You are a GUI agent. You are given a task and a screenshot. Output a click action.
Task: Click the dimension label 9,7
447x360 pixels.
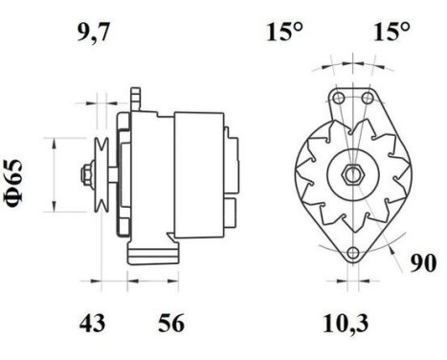pos(93,33)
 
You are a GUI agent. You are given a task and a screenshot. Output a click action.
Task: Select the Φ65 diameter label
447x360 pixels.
pos(14,183)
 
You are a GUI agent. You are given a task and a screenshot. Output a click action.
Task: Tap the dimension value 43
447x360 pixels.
pos(92,323)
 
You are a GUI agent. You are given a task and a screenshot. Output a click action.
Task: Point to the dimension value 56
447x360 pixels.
pos(171,323)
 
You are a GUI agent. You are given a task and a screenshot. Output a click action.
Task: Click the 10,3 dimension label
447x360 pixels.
pos(346,324)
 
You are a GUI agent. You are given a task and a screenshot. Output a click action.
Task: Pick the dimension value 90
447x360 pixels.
pos(423,263)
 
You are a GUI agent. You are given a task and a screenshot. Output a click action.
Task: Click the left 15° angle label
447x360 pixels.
pos(284,32)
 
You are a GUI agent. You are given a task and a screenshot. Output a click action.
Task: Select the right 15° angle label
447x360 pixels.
pos(391,32)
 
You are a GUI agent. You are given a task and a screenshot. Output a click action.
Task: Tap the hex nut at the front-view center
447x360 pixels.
pos(352,174)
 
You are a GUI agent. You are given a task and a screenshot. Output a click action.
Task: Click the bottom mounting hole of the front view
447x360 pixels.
pos(352,253)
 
